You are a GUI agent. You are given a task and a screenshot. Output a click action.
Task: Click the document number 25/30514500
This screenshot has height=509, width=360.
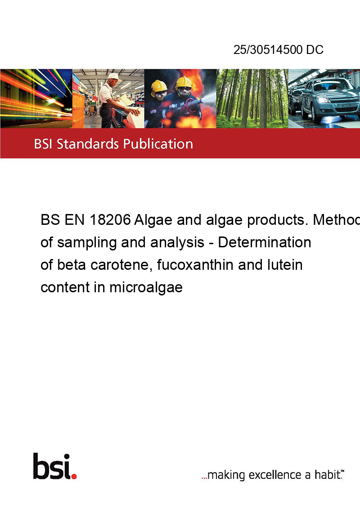(268, 49)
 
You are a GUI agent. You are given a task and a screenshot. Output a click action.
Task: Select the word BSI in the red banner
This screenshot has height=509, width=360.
(44, 144)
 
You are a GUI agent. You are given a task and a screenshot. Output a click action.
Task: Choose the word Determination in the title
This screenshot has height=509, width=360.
(265, 242)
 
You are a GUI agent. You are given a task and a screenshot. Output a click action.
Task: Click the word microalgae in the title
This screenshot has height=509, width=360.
(146, 288)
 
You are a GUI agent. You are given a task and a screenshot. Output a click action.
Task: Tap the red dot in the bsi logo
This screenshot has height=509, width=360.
(74, 476)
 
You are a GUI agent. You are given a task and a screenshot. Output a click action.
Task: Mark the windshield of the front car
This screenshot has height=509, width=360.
(328, 85)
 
